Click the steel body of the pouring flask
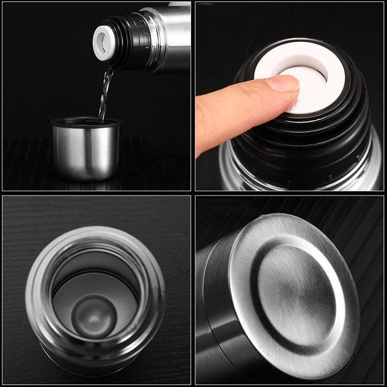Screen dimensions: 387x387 [x=171, y=35]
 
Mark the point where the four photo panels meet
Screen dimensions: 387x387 [x=193, y=193]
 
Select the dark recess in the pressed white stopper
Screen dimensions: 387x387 [x=317, y=77]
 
